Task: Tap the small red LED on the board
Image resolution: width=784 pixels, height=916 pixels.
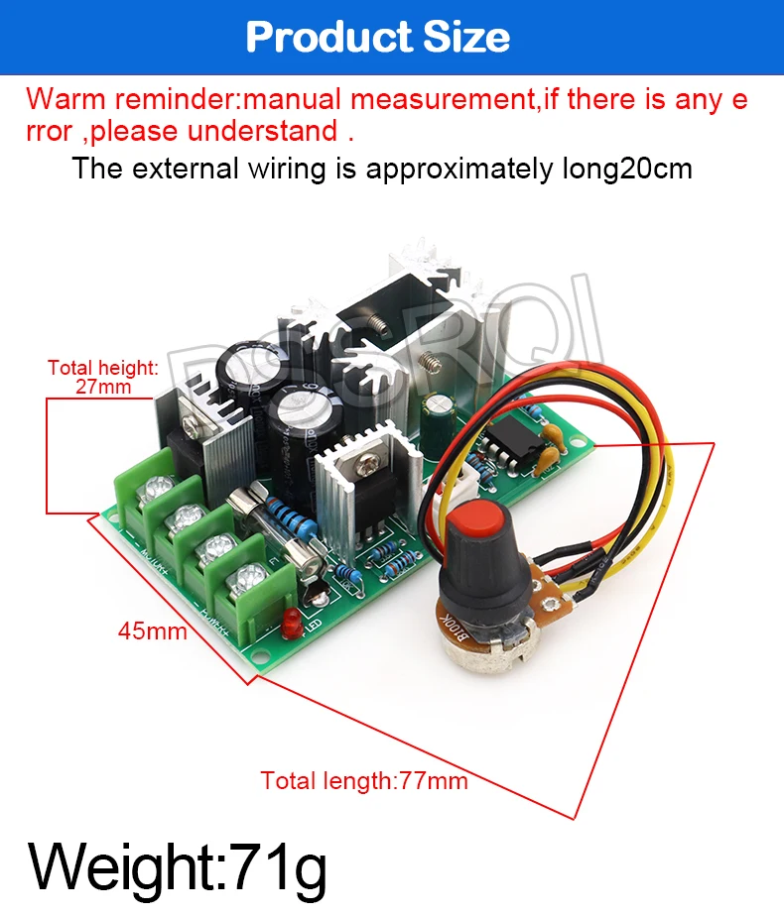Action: (292, 626)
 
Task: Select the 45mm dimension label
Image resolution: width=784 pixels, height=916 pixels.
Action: (153, 630)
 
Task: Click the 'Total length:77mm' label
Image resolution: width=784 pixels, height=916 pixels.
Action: (364, 780)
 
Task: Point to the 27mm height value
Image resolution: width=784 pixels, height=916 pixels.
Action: (103, 387)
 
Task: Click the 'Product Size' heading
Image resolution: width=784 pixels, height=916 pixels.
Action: (378, 37)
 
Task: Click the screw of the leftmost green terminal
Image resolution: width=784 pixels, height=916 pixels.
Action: (157, 489)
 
